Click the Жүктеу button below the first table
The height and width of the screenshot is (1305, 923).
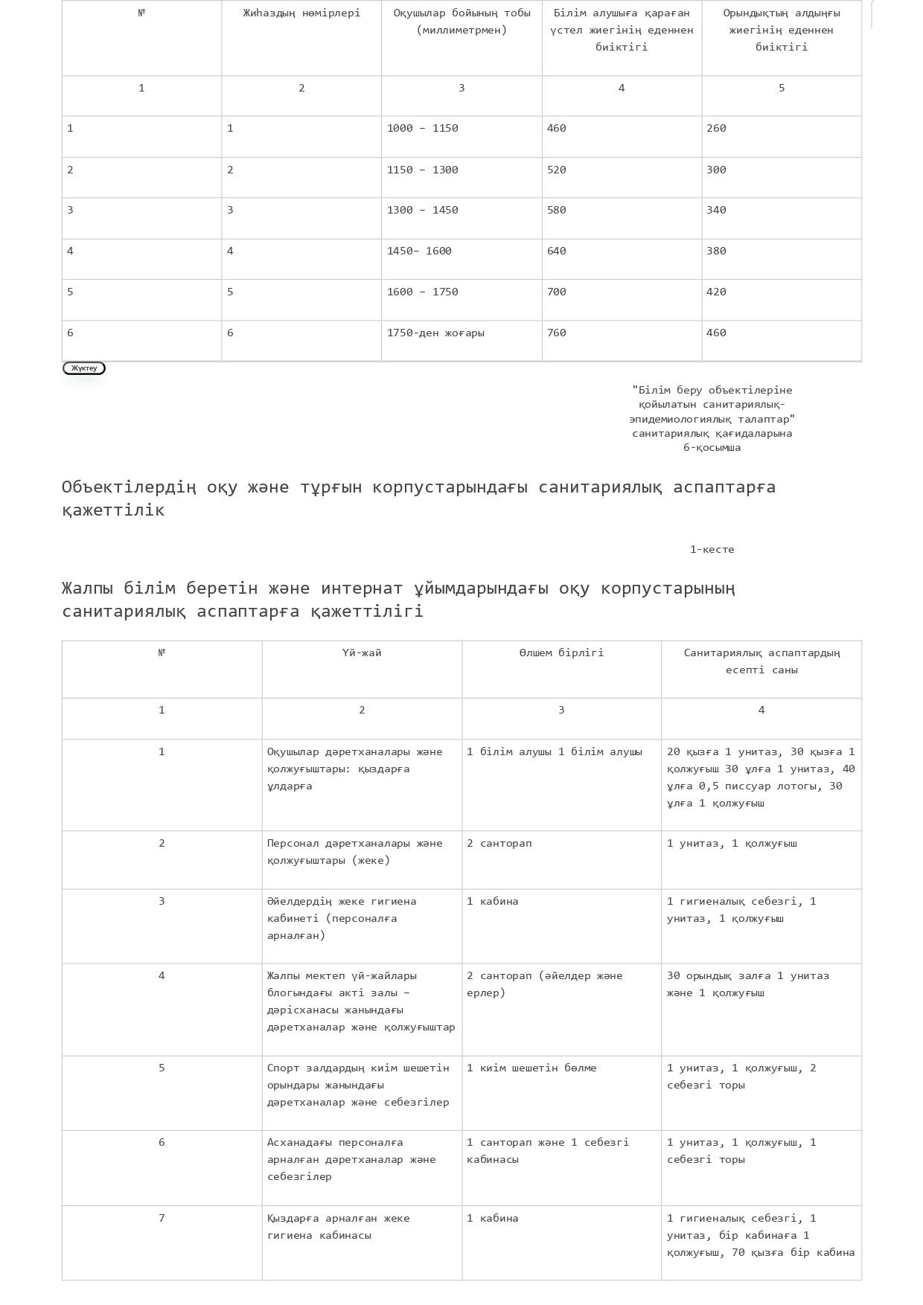[84, 368]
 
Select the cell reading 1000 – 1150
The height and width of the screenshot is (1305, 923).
[422, 129]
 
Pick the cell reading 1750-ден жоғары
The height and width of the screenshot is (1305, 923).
[435, 333]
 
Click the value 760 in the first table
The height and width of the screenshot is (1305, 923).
[557, 333]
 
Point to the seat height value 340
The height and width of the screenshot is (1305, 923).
[716, 211]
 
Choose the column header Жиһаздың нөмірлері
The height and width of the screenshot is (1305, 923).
[301, 13]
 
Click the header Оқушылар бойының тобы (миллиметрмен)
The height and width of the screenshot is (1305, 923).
[461, 22]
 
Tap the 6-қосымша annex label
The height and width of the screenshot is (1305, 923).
[712, 448]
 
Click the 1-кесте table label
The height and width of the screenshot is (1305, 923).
[712, 550]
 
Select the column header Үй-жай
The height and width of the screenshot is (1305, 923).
[362, 653]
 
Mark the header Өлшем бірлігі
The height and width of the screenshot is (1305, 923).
[561, 653]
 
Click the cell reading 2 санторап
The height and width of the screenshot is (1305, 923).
[499, 844]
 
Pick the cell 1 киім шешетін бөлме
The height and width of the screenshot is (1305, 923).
[531, 1068]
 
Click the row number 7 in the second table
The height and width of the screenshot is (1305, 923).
[162, 1219]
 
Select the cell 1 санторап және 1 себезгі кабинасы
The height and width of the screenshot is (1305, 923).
[548, 1151]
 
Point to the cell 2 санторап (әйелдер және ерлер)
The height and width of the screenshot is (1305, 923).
[545, 984]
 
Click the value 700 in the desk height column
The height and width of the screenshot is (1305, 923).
[557, 292]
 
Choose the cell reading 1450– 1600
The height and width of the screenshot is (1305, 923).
[419, 251]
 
